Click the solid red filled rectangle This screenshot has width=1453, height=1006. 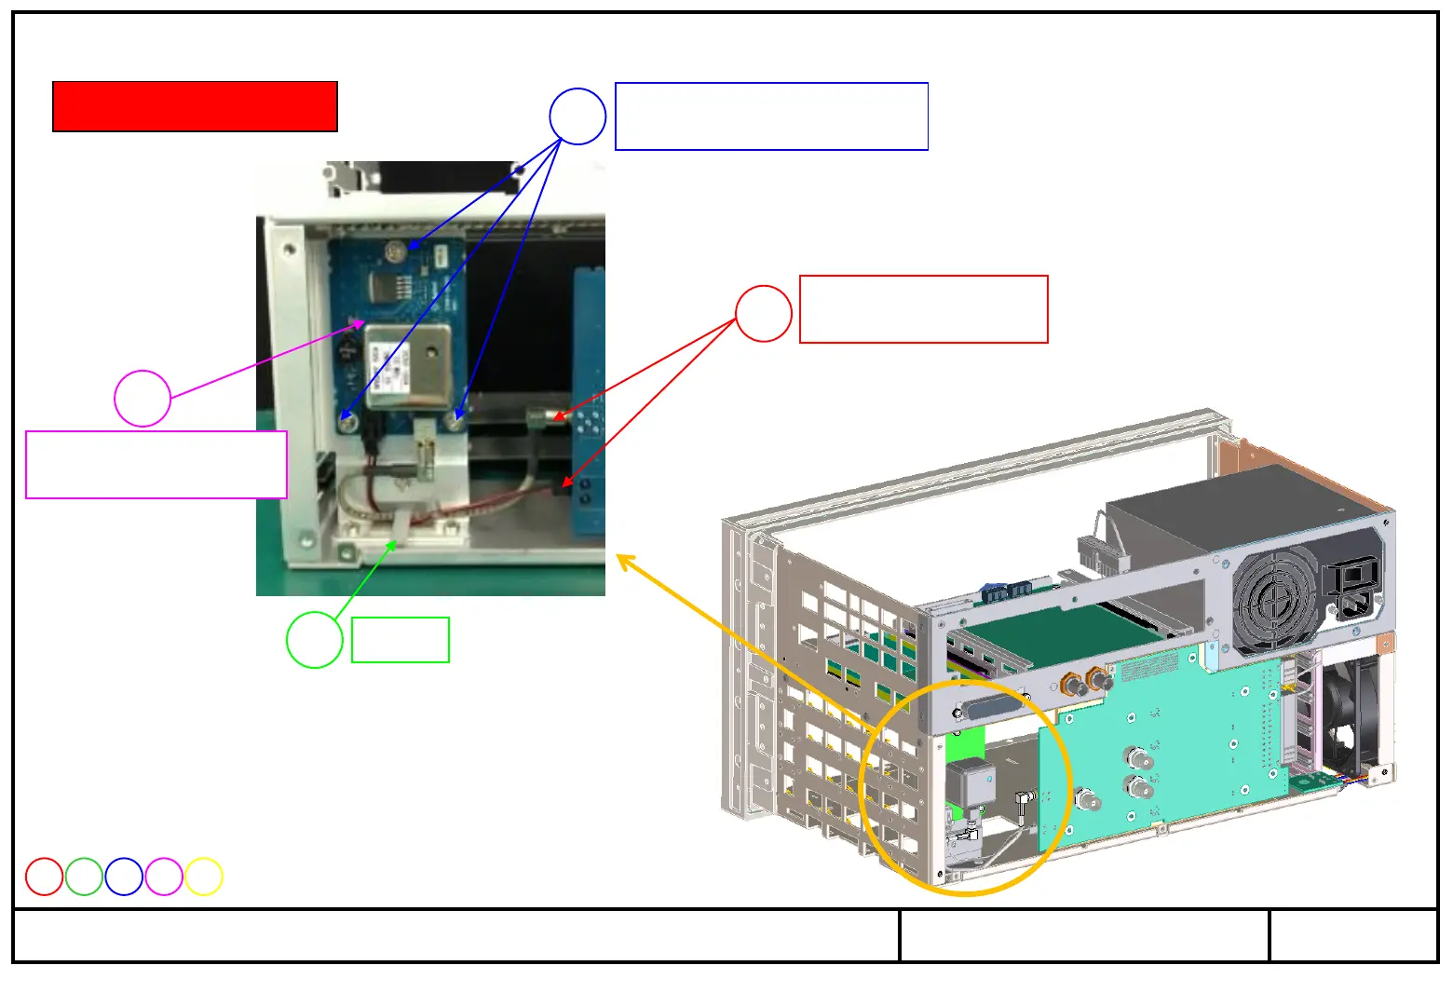(195, 106)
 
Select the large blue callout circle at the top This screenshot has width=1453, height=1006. (577, 116)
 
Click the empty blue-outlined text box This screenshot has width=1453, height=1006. (771, 116)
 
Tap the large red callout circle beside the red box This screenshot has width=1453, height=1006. (764, 314)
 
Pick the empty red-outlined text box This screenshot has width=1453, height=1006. (923, 309)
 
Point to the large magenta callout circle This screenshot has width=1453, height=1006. (143, 399)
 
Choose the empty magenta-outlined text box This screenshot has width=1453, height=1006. (156, 465)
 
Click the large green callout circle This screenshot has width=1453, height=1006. (315, 640)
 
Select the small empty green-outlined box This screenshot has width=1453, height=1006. (401, 640)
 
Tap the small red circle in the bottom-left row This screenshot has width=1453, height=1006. (44, 877)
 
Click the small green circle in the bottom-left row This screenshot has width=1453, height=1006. (84, 877)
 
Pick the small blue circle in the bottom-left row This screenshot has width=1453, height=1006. (124, 877)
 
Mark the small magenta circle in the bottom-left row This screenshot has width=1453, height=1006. (164, 877)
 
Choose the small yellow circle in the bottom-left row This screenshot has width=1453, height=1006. (204, 877)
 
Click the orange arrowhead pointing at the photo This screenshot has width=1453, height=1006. (625, 562)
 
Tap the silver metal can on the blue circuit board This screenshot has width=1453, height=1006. (403, 366)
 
